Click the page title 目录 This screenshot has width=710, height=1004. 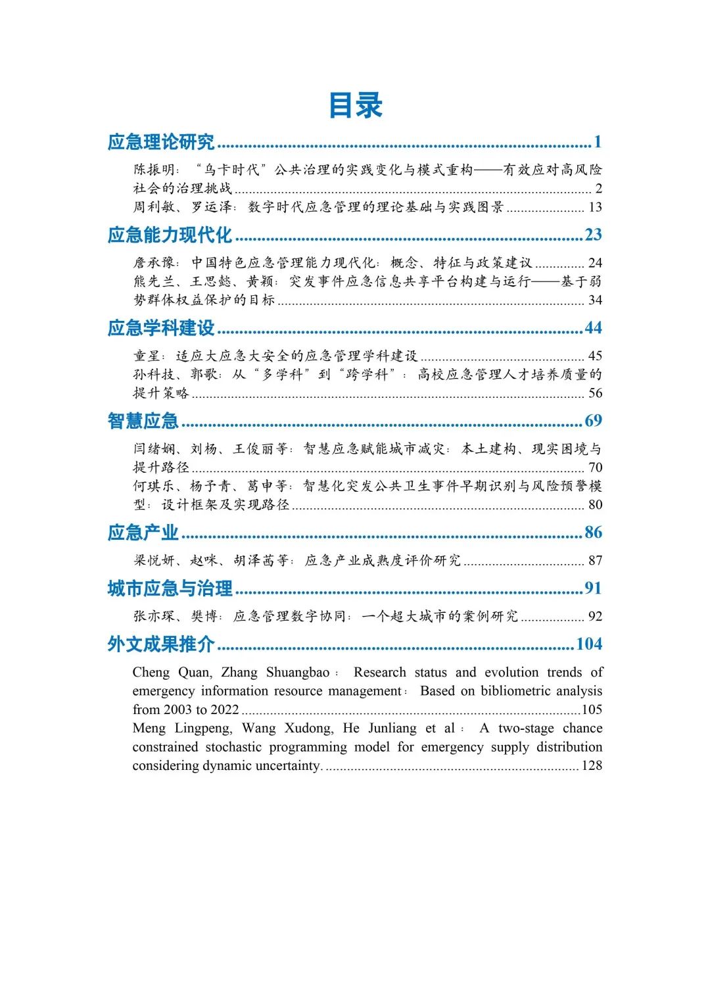pos(355,105)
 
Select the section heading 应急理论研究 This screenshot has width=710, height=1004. pos(161,142)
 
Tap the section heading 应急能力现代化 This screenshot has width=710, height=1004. pos(170,235)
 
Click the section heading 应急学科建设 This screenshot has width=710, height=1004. pos(161,328)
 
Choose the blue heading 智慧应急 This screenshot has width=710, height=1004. pos(143,421)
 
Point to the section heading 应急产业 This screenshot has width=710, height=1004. pos(143,533)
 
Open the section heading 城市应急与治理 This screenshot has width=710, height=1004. pos(170,588)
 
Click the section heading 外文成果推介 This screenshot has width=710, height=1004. pos(161,644)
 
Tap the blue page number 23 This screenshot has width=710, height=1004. pos(593,235)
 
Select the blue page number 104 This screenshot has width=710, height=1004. pos(589,644)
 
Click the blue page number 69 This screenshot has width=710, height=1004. pos(593,421)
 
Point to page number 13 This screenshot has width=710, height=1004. pos(595,207)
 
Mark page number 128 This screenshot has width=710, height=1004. pos(592,765)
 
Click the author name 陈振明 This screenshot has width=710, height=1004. pos(151,170)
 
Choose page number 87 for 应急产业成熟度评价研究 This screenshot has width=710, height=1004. pos(595,561)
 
